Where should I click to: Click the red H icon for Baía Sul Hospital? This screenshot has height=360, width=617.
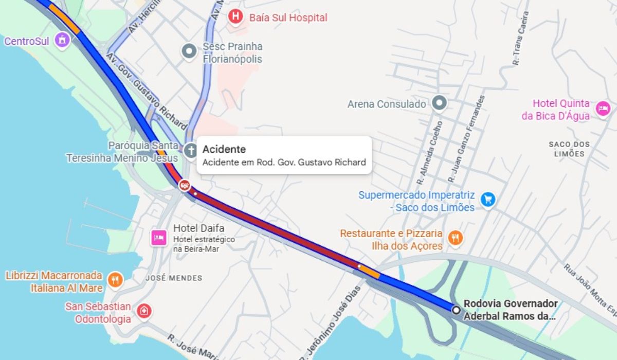(x=235, y=16)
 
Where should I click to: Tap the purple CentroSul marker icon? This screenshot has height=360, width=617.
(x=62, y=40)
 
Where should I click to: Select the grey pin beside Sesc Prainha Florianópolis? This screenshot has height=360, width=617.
(x=189, y=51)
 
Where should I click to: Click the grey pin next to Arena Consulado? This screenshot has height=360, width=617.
(x=439, y=103)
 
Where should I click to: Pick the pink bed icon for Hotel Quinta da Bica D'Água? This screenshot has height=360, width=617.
(x=602, y=109)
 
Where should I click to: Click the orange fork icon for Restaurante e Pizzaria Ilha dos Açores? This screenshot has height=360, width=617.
(x=455, y=238)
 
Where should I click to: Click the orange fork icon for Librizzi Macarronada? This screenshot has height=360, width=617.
(x=116, y=279)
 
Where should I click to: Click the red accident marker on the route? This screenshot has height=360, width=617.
(x=185, y=184)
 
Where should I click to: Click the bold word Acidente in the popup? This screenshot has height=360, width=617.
(x=224, y=149)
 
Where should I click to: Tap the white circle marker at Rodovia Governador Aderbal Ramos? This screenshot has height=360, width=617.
(x=456, y=310)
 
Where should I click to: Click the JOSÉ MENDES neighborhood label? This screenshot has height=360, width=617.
(x=174, y=278)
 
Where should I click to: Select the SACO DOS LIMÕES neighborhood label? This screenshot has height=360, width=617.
(x=569, y=149)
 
